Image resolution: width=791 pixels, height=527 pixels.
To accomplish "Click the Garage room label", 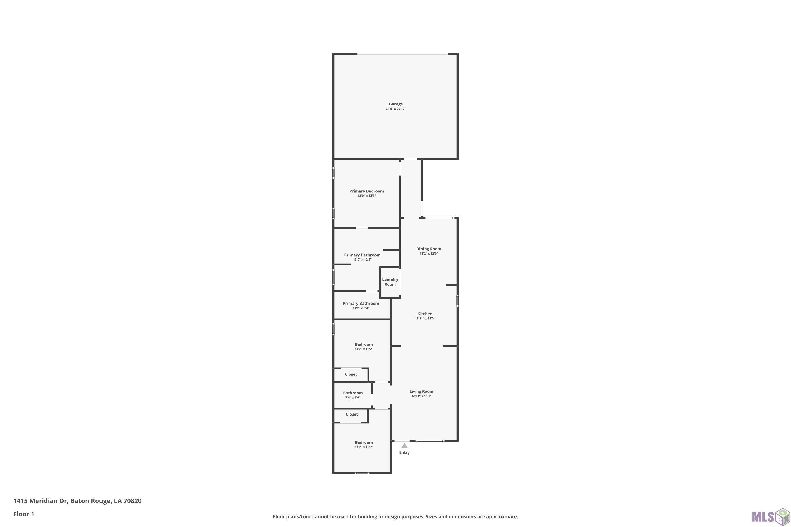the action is (x=395, y=104).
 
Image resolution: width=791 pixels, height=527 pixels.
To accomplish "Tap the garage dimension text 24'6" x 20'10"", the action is (x=395, y=109).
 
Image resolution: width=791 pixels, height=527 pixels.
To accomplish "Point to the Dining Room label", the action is (x=428, y=249).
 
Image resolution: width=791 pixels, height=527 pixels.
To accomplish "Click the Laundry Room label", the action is (x=390, y=282).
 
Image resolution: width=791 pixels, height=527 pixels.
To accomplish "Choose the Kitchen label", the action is (x=425, y=314).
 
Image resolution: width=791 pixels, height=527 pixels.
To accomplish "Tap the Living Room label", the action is (x=421, y=391).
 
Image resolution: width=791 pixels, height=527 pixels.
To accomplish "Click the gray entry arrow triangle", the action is (x=404, y=446).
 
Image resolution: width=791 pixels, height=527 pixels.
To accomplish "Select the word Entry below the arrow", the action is (x=404, y=453).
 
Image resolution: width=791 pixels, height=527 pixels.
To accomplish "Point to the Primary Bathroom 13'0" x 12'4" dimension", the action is (x=362, y=260).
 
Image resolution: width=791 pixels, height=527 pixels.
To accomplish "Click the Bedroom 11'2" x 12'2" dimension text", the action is (x=364, y=349).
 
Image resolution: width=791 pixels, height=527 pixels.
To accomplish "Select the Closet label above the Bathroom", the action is (x=351, y=374).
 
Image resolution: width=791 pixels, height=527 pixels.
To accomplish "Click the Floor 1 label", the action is (x=23, y=514).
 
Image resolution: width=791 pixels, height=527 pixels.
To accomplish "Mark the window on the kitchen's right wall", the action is (x=457, y=300).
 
